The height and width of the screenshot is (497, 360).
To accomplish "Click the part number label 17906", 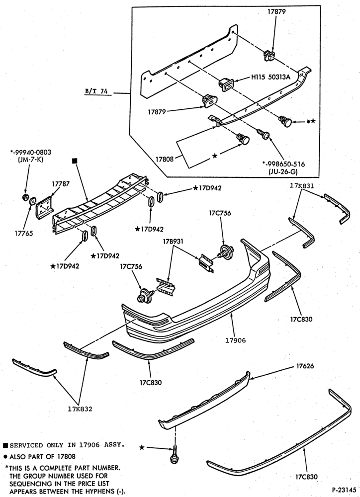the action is [x=235, y=340].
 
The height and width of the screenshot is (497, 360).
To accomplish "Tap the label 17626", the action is [x=305, y=366].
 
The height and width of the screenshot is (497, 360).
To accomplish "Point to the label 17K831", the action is [x=302, y=186].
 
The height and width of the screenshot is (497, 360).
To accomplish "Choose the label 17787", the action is [x=61, y=183].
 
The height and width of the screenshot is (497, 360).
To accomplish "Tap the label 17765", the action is [x=23, y=234].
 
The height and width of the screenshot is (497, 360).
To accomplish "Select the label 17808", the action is [x=164, y=159].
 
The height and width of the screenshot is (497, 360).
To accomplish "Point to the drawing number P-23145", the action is [x=344, y=490].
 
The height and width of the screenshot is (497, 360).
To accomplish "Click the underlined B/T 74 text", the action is [x=96, y=91].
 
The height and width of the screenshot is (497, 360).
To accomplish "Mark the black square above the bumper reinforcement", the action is [x=75, y=162].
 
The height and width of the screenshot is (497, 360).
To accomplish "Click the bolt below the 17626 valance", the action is [x=174, y=455].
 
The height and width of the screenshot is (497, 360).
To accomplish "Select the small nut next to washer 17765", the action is [x=26, y=197].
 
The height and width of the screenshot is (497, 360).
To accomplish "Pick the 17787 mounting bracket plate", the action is [x=44, y=206].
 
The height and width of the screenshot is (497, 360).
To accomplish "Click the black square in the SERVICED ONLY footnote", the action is [x=5, y=445].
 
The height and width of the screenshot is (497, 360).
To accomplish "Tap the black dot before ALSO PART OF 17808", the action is [x=5, y=457].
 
